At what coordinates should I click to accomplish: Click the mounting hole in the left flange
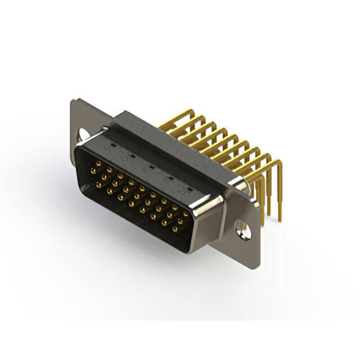84,134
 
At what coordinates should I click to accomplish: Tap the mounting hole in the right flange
244,229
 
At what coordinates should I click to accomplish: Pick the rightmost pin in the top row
186,214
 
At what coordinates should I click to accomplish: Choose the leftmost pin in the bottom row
98,184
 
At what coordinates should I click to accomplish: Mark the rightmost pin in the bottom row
175,229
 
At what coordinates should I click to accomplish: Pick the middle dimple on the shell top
151,166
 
